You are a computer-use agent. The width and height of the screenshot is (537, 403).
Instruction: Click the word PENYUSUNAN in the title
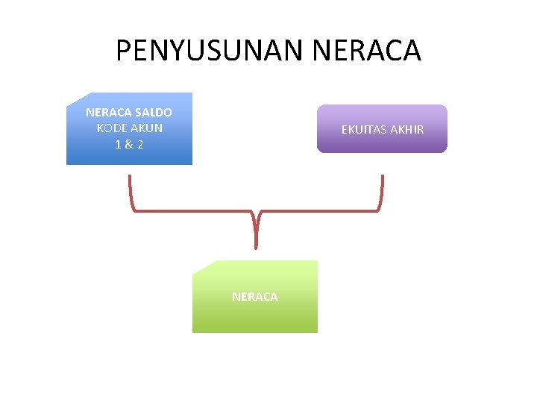click(207, 51)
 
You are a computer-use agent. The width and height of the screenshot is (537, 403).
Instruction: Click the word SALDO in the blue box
click(153, 113)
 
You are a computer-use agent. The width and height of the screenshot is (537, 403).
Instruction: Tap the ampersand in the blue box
click(129, 143)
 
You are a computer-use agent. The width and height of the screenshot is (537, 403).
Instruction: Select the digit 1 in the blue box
click(119, 143)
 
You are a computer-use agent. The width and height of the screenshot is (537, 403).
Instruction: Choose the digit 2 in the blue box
click(139, 143)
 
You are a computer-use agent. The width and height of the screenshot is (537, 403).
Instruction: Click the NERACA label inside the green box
click(254, 297)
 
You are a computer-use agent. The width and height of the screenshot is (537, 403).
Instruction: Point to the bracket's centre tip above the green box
click(256, 243)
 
